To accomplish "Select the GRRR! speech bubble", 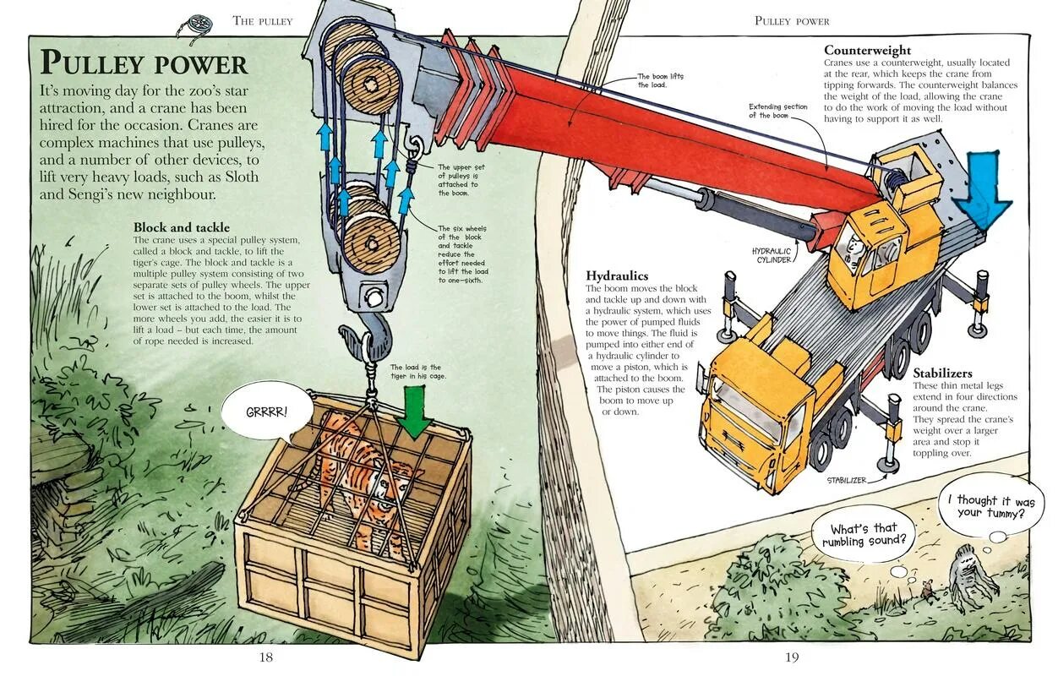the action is (x=267, y=412).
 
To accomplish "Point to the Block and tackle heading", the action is (x=181, y=228).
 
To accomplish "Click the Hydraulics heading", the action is (x=617, y=276).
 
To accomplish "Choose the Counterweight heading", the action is (x=868, y=51).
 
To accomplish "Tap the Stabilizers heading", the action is (x=942, y=373).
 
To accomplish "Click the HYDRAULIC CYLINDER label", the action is (x=771, y=255).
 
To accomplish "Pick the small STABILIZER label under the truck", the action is (x=847, y=480).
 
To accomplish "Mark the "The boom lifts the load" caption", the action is (x=660, y=81).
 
